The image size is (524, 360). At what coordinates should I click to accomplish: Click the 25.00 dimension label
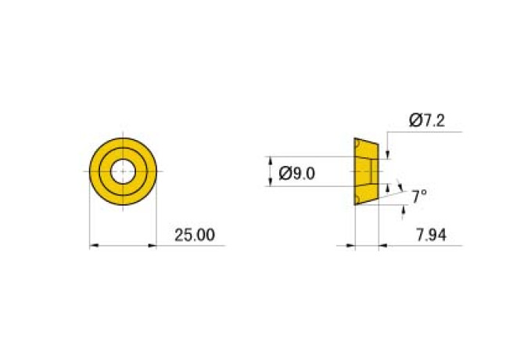click(195, 235)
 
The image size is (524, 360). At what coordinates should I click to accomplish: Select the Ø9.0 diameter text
click(296, 174)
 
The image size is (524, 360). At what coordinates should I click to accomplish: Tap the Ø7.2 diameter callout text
click(427, 121)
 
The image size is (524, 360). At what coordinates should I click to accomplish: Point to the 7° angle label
click(419, 196)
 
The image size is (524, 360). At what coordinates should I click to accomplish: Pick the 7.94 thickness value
click(431, 235)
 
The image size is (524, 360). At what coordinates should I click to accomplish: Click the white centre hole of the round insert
click(123, 171)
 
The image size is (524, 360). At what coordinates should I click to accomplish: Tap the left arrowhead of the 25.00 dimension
click(94, 246)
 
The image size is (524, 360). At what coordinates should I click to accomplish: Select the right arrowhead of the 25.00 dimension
click(153, 246)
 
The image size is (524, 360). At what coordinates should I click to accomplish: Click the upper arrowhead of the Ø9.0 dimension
click(271, 160)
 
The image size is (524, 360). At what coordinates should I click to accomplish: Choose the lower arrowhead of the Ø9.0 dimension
click(271, 182)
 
